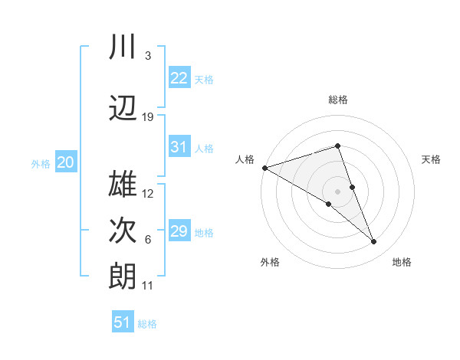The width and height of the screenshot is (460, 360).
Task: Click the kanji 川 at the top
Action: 123,47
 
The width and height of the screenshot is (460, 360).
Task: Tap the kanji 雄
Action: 123,183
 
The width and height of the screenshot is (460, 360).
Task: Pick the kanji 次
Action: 123,229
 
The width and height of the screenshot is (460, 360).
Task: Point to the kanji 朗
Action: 123,275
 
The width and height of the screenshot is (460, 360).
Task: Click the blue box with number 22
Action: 179,77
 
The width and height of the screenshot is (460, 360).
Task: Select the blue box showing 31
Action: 179,147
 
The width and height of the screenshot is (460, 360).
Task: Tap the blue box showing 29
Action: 179,231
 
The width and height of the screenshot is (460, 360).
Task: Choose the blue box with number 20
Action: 66,162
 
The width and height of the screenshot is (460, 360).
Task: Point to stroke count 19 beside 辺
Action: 148,117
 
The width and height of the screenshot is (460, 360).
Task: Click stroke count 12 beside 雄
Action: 148,193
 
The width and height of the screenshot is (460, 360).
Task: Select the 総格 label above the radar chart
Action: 337,100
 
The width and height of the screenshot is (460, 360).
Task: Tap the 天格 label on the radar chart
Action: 432,159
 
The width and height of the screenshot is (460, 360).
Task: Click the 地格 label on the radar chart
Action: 402,262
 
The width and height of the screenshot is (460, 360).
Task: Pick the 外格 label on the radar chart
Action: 270,262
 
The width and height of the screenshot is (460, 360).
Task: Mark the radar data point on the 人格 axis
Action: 264,167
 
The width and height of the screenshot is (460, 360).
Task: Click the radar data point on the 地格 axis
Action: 374,242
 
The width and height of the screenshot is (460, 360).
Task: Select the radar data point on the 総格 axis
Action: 337,146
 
